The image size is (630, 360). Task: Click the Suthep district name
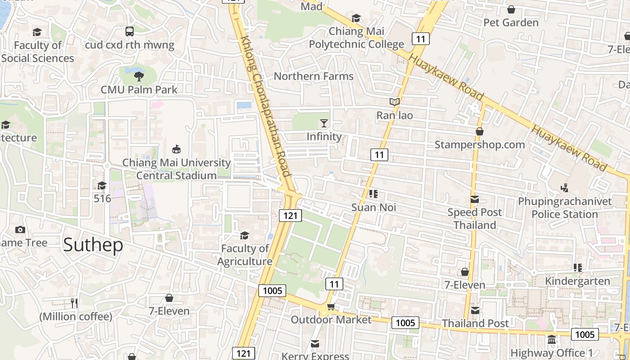93,245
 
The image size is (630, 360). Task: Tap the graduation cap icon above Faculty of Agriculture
244,235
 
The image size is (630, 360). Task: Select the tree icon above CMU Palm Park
139,76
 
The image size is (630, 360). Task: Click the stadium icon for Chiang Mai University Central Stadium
176,149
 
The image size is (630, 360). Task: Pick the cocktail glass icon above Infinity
324,123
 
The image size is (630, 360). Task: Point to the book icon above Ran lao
395,102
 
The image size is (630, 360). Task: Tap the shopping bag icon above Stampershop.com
480,131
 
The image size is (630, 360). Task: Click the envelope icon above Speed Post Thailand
475,199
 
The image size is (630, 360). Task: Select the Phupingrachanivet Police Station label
565,207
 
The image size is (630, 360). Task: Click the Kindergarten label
578,281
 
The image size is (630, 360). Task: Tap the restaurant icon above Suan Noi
373,194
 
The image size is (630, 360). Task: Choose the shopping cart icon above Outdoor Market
331,307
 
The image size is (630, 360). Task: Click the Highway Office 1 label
552,353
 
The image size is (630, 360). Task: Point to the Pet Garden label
511,22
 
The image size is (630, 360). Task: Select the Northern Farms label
314,76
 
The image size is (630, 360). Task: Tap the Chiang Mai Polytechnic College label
356,38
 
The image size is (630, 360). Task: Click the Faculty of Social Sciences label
38,52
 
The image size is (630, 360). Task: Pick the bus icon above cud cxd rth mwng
130,31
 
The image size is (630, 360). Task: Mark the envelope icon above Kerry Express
315,344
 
